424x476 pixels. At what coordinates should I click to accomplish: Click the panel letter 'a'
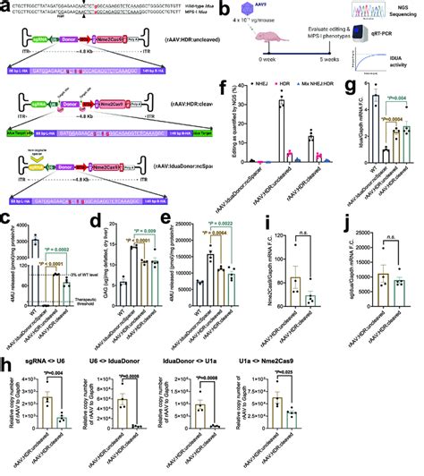click(x=5, y=6)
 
